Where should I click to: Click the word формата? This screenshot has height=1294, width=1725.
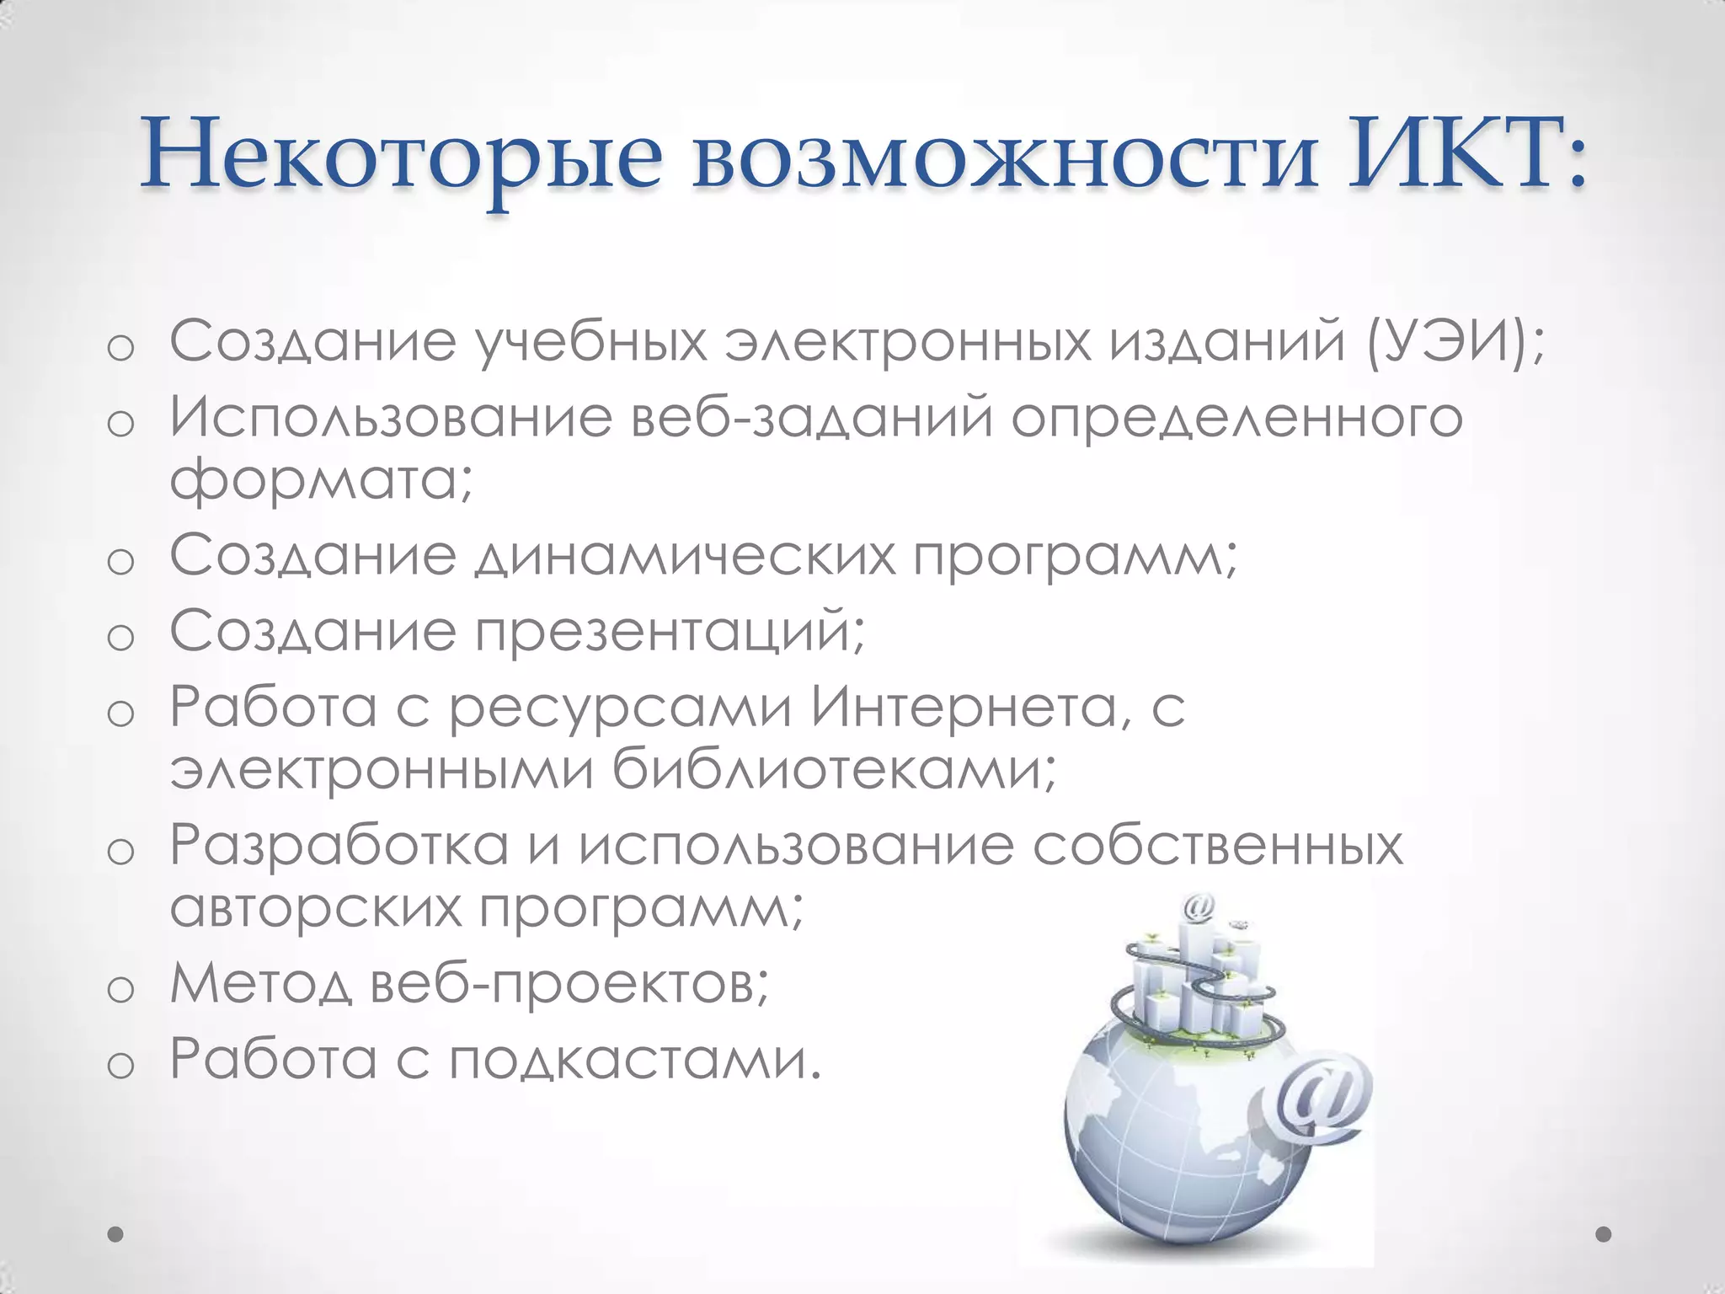(x=320, y=479)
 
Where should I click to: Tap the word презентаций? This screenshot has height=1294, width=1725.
(x=670, y=631)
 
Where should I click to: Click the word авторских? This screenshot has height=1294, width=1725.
(x=317, y=907)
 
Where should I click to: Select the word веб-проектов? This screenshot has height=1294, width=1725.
(x=569, y=983)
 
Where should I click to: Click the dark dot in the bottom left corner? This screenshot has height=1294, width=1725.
(x=116, y=1234)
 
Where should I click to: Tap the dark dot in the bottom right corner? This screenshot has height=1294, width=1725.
(x=1604, y=1234)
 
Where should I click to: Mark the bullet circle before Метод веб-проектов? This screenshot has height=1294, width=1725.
(x=121, y=991)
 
